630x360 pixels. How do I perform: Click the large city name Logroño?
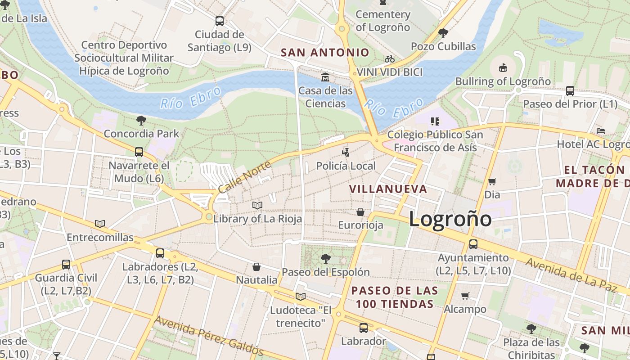coord(450,219)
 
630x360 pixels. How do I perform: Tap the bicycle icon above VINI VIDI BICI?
coord(390,59)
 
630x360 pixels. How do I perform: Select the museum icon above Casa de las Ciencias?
coord(325,77)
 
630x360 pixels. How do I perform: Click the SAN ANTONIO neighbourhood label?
coord(325,53)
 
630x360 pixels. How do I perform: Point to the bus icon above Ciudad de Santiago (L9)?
coord(220,21)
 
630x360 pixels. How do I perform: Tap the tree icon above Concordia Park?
coord(141,120)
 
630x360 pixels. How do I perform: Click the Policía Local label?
coord(346,166)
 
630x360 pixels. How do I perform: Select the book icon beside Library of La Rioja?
coord(257,206)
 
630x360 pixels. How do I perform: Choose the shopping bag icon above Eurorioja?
coord(360,211)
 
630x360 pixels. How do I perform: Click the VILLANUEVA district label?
coord(388,189)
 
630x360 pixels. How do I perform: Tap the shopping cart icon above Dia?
coord(492,181)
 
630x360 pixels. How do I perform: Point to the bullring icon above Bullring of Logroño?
coord(503,68)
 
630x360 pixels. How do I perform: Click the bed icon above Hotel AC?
coord(600,131)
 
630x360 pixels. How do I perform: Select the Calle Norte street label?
coord(245,177)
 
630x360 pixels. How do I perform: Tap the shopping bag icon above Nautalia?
coord(256,267)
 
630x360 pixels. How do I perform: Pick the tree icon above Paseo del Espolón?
coord(325,259)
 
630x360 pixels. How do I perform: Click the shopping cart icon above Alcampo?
coord(465,296)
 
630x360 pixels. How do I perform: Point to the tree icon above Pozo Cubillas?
coord(443,33)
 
